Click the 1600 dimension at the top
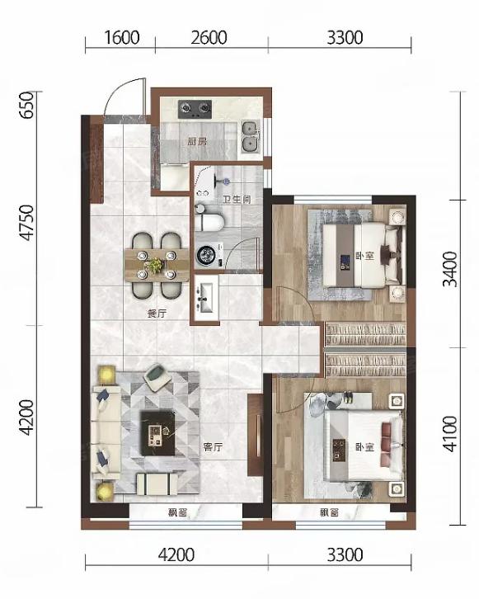pyautogui.click(x=122, y=38)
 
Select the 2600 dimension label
pyautogui.click(x=209, y=38)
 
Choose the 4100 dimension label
pyautogui.click(x=450, y=434)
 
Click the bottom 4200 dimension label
pyautogui.click(x=176, y=555)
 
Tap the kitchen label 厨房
pyautogui.click(x=197, y=142)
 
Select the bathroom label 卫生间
pyautogui.click(x=237, y=199)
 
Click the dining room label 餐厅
pyautogui.click(x=157, y=314)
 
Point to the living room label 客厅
pyautogui.click(x=213, y=446)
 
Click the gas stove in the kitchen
pyautogui.click(x=195, y=109)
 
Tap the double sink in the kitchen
pyautogui.click(x=250, y=136)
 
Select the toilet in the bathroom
pyautogui.click(x=209, y=222)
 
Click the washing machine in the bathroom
pyautogui.click(x=209, y=254)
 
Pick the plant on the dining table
pyautogui.click(x=155, y=265)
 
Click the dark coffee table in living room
pyautogui.click(x=157, y=433)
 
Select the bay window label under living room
pyautogui.click(x=178, y=512)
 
